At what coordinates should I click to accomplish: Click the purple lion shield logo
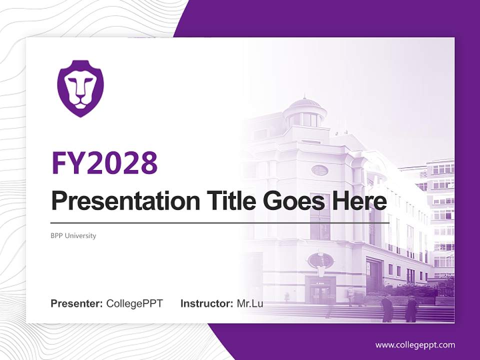coord(80,88)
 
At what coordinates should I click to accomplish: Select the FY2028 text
coord(104,163)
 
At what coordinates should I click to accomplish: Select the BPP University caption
coord(73,235)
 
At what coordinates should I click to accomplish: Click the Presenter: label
coord(77,303)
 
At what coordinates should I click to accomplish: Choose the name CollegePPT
coord(134,303)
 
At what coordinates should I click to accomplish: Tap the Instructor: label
coord(207,303)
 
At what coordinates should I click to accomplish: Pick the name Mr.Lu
coord(250,303)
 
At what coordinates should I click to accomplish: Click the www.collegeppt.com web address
coord(415,344)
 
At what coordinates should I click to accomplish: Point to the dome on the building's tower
coord(305,104)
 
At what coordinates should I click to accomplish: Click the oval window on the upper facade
coord(319,170)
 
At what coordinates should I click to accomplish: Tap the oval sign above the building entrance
coord(320,260)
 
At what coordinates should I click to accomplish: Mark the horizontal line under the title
coord(220,222)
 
